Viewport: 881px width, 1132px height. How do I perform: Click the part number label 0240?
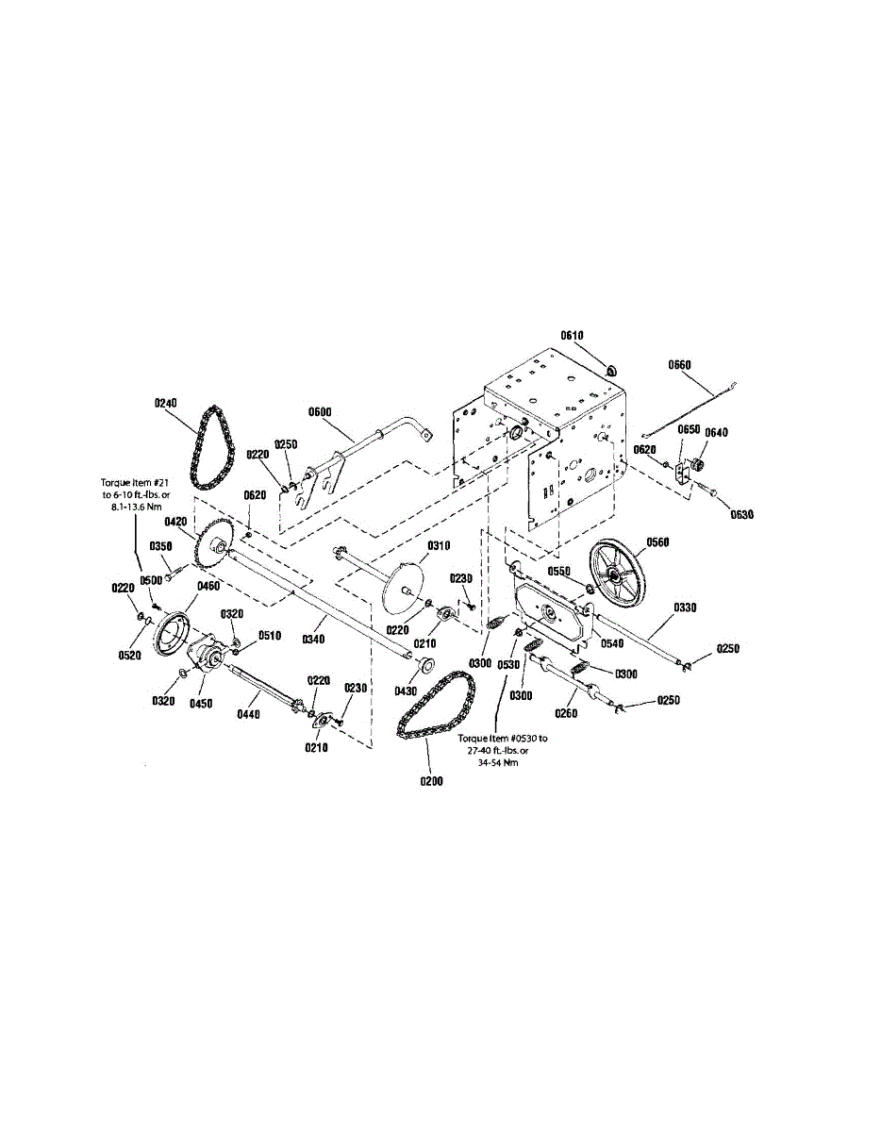165,402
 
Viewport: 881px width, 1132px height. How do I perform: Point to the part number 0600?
321,411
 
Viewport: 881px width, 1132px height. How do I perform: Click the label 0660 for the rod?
680,364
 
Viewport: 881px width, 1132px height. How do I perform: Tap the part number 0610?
573,335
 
